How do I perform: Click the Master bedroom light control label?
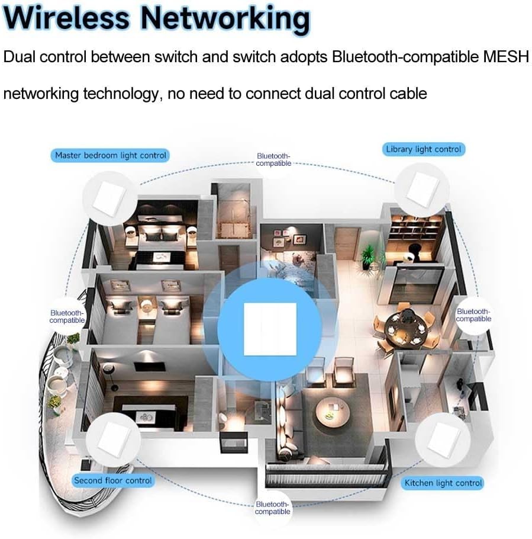tap(110, 155)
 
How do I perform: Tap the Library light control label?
tap(423, 149)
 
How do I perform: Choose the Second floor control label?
tap(112, 480)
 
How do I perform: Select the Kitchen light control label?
tap(443, 483)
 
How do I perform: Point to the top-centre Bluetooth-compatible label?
tap(273, 159)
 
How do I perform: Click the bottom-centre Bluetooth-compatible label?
tap(273, 508)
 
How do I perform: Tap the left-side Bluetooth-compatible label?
tap(67, 316)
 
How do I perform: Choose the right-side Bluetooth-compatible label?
tap(473, 315)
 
